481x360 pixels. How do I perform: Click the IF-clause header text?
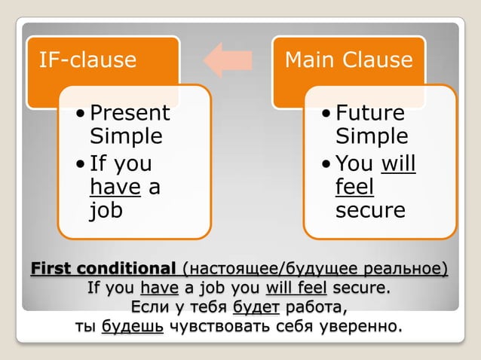click(x=87, y=60)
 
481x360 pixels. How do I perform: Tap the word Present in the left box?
click(x=130, y=114)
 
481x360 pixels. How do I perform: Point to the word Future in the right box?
click(x=370, y=114)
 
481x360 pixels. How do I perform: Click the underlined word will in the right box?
click(x=399, y=163)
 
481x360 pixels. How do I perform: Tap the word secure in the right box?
click(x=370, y=211)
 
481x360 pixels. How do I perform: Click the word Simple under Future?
click(x=371, y=137)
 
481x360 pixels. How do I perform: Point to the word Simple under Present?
click(x=126, y=137)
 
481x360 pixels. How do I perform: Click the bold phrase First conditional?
click(x=103, y=269)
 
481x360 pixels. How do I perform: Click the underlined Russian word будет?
click(x=256, y=307)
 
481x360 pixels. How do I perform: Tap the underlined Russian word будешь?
click(x=132, y=327)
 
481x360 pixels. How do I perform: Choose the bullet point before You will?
click(x=326, y=163)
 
